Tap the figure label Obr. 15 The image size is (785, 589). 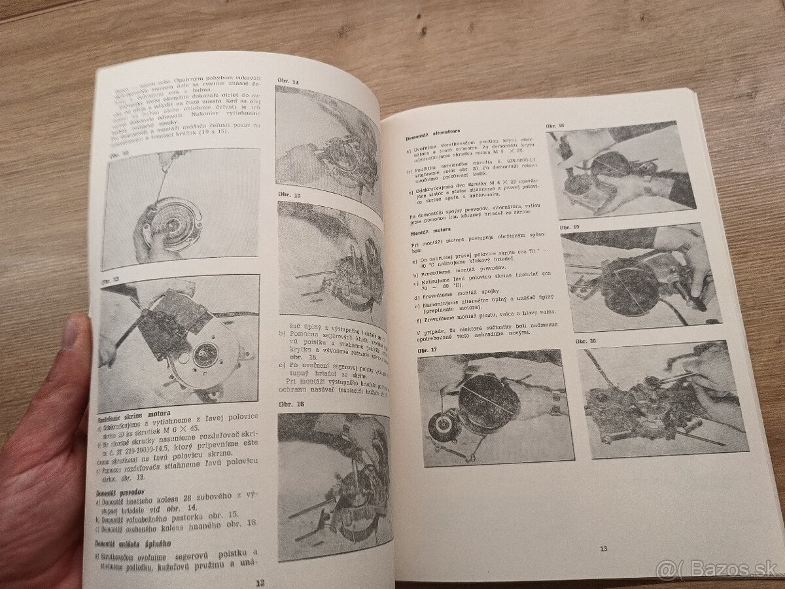(288, 195)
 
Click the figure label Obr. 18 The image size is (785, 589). (556, 125)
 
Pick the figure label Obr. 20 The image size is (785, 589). (586, 341)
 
